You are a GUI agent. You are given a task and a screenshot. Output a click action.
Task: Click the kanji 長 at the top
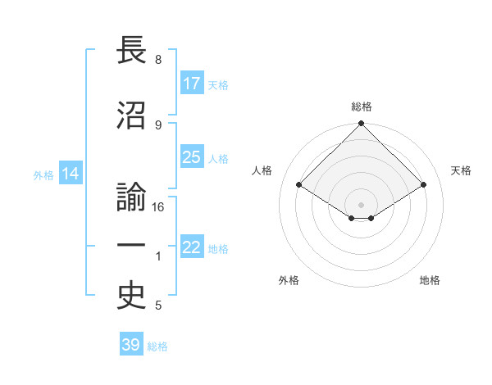[x=132, y=51]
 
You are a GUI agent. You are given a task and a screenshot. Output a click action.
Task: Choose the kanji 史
[x=132, y=298]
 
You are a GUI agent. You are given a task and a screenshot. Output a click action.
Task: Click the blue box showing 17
[x=192, y=84]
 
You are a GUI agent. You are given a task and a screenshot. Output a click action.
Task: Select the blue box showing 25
[x=192, y=157]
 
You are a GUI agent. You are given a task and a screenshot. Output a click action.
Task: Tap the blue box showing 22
[x=192, y=247]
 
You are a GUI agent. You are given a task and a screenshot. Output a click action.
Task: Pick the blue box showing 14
[x=71, y=174]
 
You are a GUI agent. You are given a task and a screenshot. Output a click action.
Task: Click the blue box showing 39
[x=131, y=345]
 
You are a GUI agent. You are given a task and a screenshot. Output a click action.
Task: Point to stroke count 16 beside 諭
[x=159, y=207]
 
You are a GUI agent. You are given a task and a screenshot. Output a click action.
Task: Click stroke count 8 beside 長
[x=157, y=60]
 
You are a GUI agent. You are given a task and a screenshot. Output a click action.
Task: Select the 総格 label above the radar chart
[x=361, y=106]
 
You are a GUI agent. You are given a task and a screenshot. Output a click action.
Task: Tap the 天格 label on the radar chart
[x=461, y=170]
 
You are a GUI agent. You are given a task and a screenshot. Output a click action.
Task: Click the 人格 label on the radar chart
[x=262, y=170]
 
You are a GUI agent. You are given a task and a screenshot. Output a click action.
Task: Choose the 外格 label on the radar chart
[x=289, y=281]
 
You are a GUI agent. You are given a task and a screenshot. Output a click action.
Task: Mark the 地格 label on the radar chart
[x=430, y=281]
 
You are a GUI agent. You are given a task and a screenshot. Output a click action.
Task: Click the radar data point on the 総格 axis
[x=361, y=124]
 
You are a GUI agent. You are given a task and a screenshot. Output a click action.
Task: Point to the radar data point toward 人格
[x=298, y=185]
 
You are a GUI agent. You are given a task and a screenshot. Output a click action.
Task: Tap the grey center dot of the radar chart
[x=361, y=204]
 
